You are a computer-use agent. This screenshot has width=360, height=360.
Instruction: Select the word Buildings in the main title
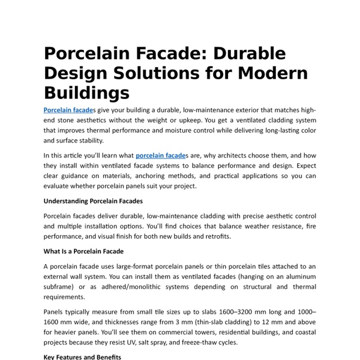[x=86, y=93]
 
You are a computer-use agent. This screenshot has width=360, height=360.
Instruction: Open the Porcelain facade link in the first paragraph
[x=67, y=110]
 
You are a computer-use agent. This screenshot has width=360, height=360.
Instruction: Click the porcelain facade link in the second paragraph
[x=160, y=155]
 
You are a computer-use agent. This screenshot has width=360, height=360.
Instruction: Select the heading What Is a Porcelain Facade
[x=83, y=251]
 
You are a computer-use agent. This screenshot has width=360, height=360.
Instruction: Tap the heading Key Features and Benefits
[x=83, y=357]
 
